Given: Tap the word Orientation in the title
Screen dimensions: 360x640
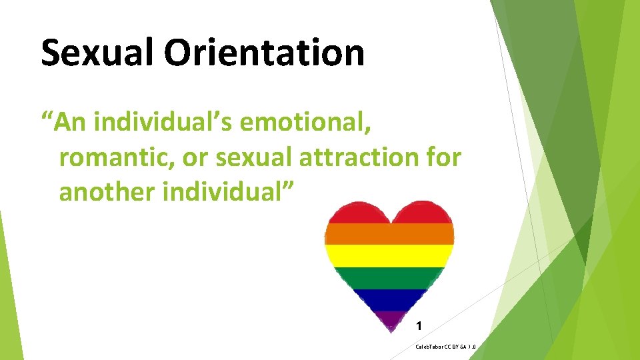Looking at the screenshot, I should [265, 53].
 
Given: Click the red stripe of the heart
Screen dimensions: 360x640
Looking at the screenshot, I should [389, 212].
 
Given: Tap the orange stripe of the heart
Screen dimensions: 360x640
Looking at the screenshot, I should [389, 233].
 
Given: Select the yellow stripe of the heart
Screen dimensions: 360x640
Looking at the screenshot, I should [389, 255].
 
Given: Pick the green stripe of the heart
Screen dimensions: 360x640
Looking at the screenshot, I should [389, 277].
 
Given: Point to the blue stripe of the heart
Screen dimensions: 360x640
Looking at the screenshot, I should [389, 299].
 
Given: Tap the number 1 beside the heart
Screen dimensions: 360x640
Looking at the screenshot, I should [418, 326].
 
